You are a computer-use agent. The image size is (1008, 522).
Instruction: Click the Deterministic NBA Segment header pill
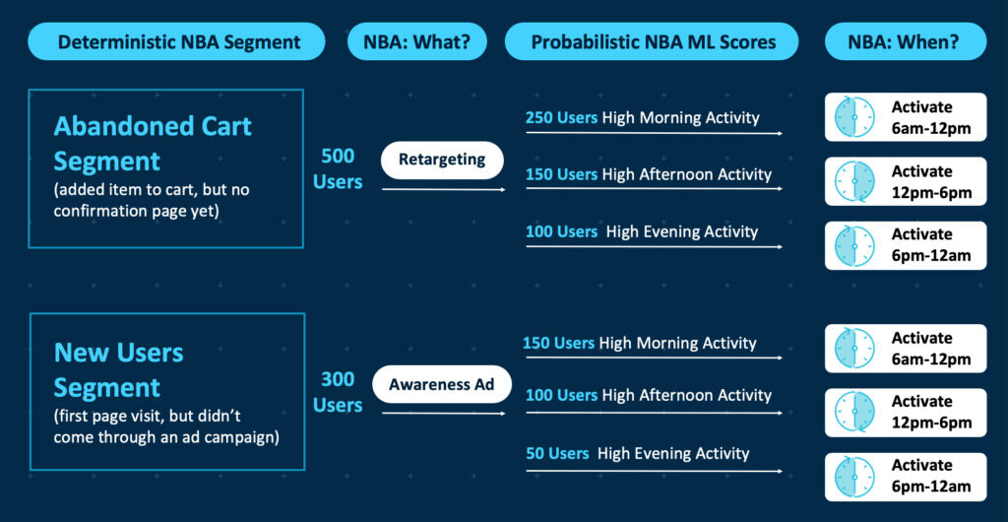pyautogui.click(x=176, y=41)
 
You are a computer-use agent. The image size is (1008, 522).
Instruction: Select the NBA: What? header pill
pyautogui.click(x=417, y=41)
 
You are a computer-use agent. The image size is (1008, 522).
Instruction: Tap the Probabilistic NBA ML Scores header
pyautogui.click(x=652, y=41)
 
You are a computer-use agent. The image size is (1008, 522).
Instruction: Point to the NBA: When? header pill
pyautogui.click(x=906, y=41)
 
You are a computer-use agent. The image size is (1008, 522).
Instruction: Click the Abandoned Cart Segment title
pyautogui.click(x=153, y=144)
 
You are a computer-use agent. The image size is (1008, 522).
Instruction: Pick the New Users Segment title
pyautogui.click(x=118, y=369)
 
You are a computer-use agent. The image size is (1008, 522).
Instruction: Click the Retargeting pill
pyautogui.click(x=442, y=160)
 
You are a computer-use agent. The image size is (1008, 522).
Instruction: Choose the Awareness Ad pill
pyautogui.click(x=442, y=384)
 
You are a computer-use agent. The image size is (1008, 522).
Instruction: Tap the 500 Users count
pyautogui.click(x=338, y=169)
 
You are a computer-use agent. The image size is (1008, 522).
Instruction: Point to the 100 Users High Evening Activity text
pyautogui.click(x=642, y=231)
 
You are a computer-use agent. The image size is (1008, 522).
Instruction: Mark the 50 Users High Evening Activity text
pyautogui.click(x=637, y=453)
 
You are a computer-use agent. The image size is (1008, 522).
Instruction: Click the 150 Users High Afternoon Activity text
pyautogui.click(x=648, y=174)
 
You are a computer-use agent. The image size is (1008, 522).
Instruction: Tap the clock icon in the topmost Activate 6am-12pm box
pyautogui.click(x=854, y=117)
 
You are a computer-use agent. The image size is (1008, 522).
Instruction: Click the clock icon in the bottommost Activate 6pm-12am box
pyautogui.click(x=854, y=477)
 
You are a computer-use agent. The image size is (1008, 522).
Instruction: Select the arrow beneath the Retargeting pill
pyautogui.click(x=444, y=189)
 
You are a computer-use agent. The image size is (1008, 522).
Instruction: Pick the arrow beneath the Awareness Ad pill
pyautogui.click(x=444, y=414)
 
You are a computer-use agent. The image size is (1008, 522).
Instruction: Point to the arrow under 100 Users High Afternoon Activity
pyautogui.click(x=654, y=414)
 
